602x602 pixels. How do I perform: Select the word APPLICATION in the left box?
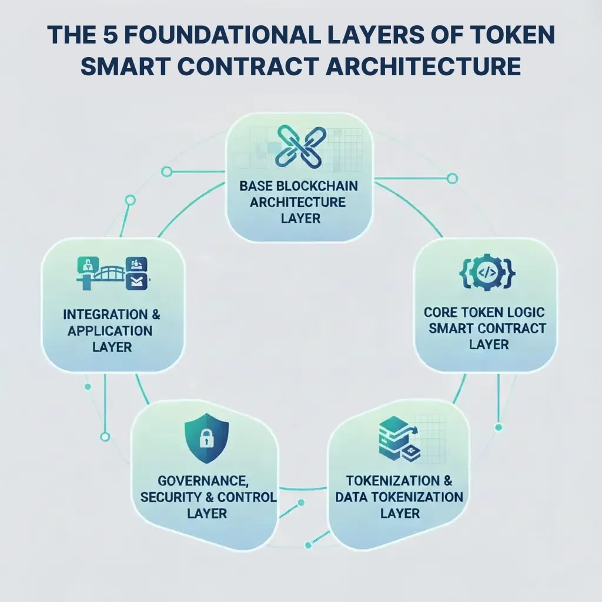click(109, 330)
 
